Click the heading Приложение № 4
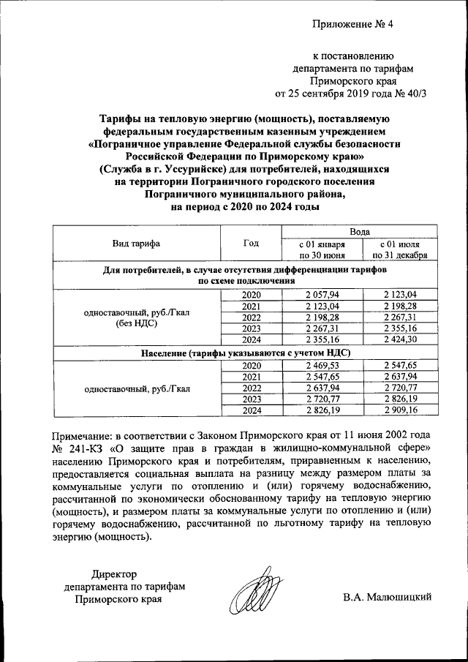click(x=352, y=23)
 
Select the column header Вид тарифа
click(x=136, y=244)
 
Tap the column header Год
click(x=250, y=244)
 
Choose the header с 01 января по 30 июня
click(x=322, y=249)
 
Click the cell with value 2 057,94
click(x=322, y=294)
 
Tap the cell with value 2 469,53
click(x=322, y=365)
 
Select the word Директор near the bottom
click(x=114, y=573)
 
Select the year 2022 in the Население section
click(x=251, y=388)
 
